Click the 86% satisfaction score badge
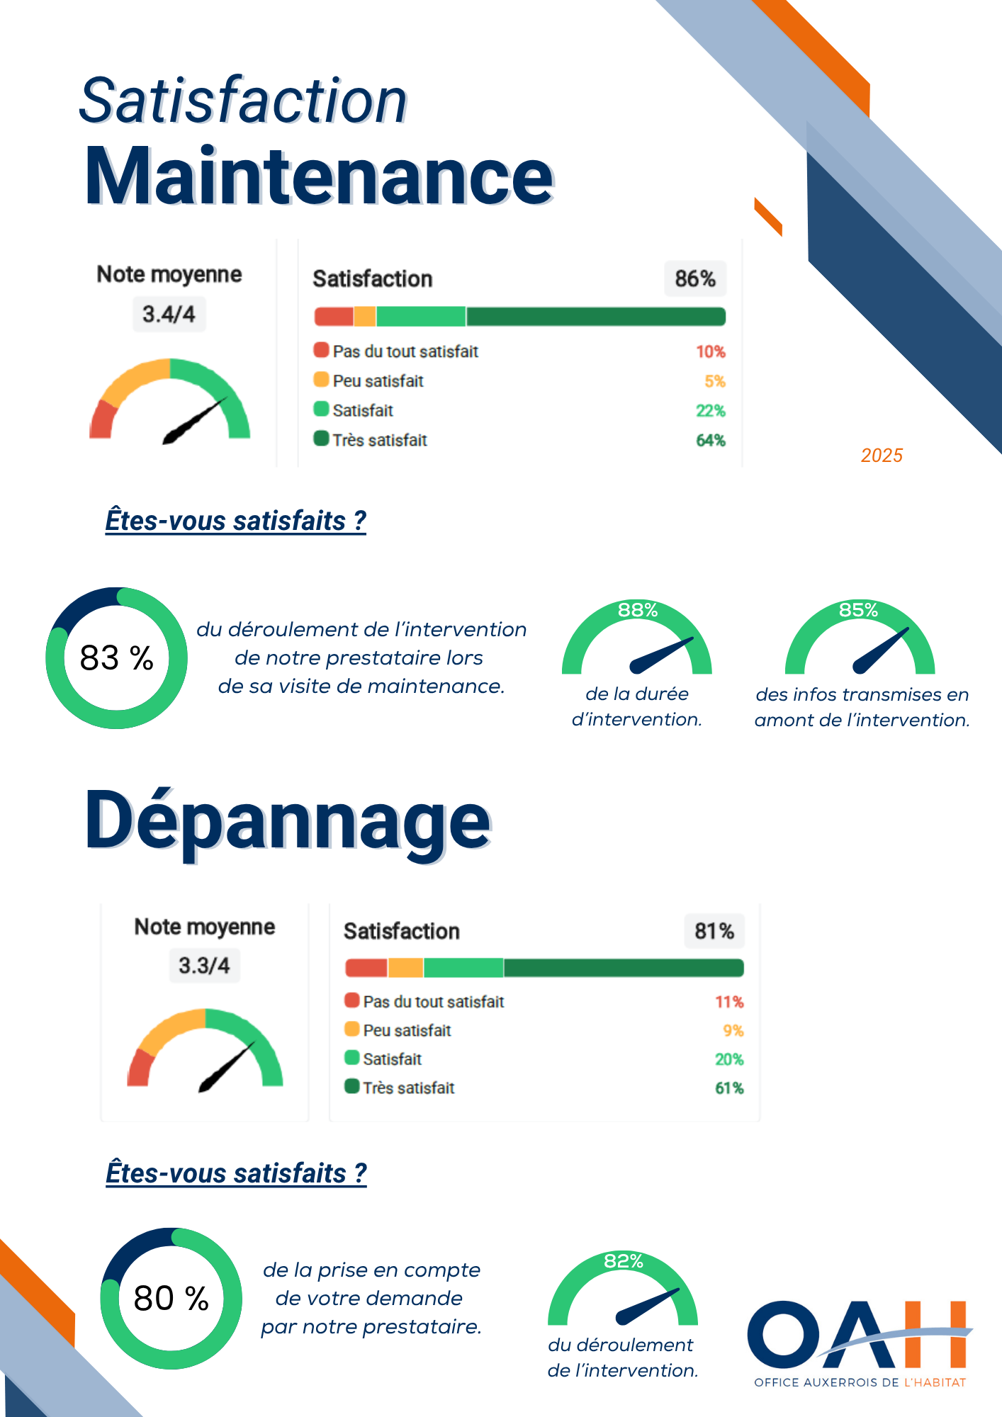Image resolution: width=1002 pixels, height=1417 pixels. [x=694, y=278]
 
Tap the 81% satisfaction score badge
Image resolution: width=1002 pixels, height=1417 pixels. [x=714, y=930]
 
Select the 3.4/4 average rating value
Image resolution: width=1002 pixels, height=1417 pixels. [x=169, y=314]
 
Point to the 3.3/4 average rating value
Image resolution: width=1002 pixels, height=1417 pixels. [x=204, y=965]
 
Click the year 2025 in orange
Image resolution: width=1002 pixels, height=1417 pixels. [x=882, y=455]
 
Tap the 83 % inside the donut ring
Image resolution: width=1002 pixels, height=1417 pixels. [x=117, y=658]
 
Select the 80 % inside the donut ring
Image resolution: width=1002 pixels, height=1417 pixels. [x=171, y=1299]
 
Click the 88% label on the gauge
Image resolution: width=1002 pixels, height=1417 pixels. [x=638, y=610]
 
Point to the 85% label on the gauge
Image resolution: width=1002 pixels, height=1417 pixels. [x=859, y=610]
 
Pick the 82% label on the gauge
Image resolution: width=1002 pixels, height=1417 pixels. [x=624, y=1261]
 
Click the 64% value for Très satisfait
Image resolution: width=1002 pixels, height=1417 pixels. [x=711, y=440]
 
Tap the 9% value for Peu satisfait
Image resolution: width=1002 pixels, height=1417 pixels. [x=733, y=1030]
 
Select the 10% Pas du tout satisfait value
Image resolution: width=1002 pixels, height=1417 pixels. [x=710, y=351]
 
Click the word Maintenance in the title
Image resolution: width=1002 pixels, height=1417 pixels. [x=319, y=177]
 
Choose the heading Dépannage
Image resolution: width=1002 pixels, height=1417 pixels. [x=288, y=822]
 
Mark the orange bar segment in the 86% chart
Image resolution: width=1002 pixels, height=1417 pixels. [x=364, y=317]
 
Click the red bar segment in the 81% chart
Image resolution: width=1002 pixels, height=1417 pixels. [x=366, y=968]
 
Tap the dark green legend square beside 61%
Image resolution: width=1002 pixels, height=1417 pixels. [x=351, y=1086]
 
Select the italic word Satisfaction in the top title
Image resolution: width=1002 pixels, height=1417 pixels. [x=243, y=101]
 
